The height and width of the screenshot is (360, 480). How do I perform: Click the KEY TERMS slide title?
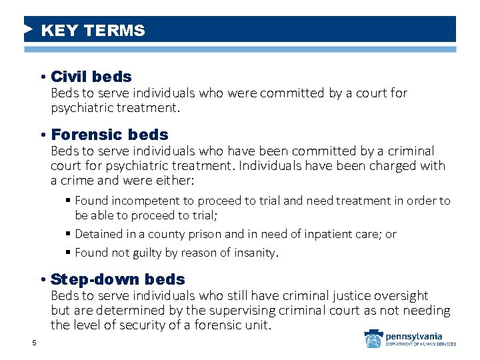tap(93, 31)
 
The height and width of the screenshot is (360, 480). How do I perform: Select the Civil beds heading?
tap(91, 77)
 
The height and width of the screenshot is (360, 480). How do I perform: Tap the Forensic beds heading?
tap(109, 135)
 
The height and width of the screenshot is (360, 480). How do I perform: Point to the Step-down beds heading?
tap(118, 279)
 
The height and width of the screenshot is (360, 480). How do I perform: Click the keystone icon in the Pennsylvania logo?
tap(373, 339)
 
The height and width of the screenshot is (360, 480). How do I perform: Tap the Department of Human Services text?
tap(421, 345)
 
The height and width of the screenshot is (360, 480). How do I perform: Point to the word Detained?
tap(97, 234)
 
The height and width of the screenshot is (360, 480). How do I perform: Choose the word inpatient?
tap(313, 234)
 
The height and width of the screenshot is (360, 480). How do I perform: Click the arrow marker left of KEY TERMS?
tap(28, 30)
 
